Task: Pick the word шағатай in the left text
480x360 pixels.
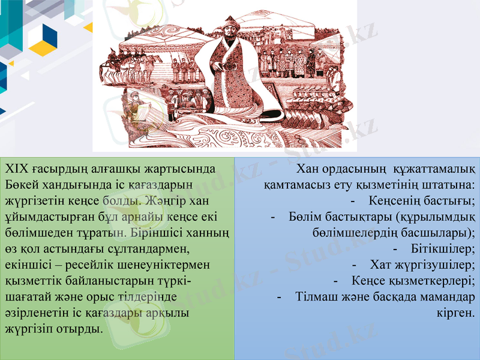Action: pyautogui.click(x=25, y=297)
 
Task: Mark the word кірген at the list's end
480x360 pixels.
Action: pyautogui.click(x=457, y=313)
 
